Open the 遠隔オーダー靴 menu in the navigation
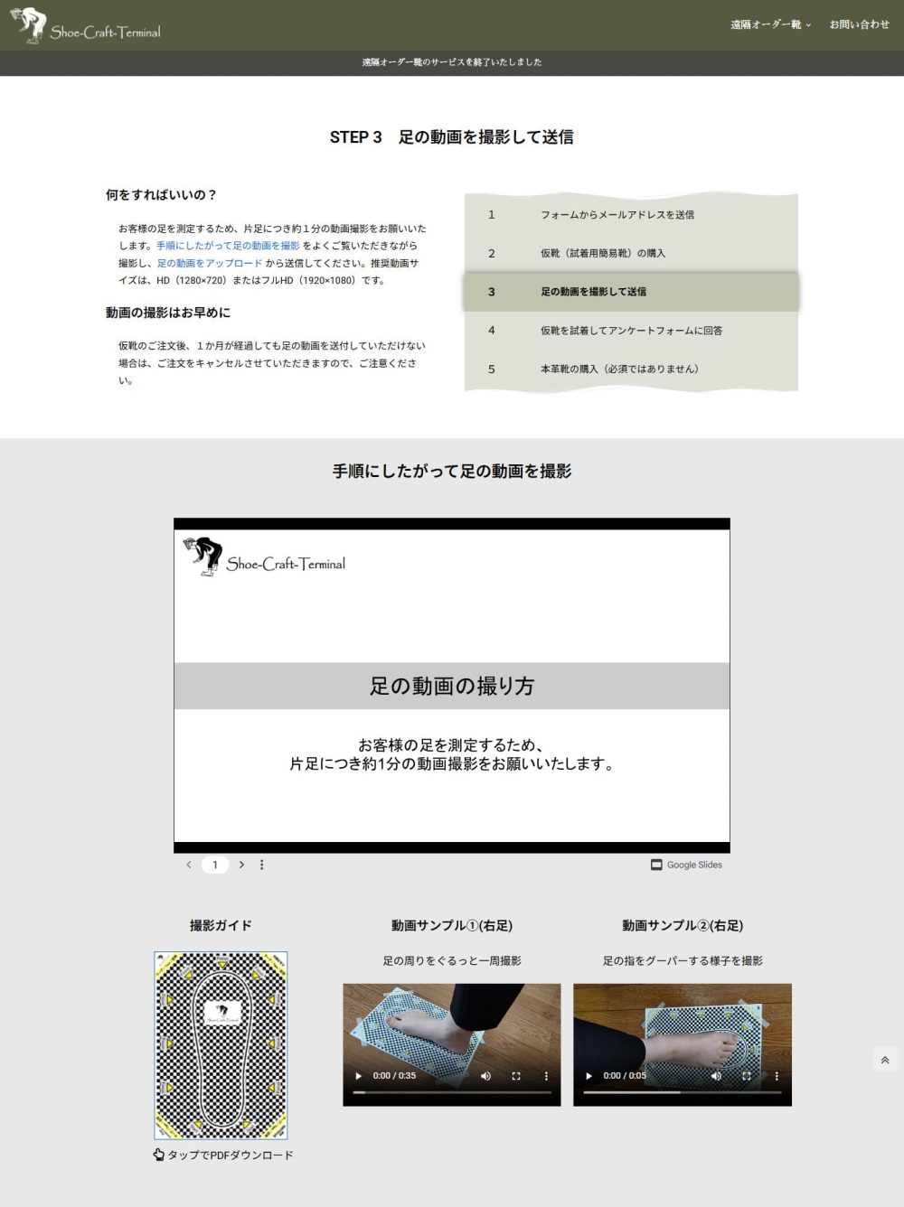coord(770,24)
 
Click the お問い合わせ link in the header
coord(859,24)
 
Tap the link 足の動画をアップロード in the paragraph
coord(210,263)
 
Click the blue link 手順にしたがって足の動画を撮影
coord(228,246)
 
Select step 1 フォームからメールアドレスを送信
coord(617,215)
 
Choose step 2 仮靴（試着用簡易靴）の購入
coord(603,253)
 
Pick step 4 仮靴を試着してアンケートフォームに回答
coord(631,331)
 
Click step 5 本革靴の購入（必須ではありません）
coord(619,369)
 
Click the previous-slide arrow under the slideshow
coord(189,865)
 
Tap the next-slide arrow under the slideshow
coord(241,865)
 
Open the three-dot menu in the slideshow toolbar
coord(262,865)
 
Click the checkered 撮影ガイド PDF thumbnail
coord(221,1044)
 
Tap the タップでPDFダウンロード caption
coord(224,1155)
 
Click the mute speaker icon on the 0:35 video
coord(485,1076)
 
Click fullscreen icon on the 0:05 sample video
coord(747,1076)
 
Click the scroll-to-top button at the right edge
coord(885,1061)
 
